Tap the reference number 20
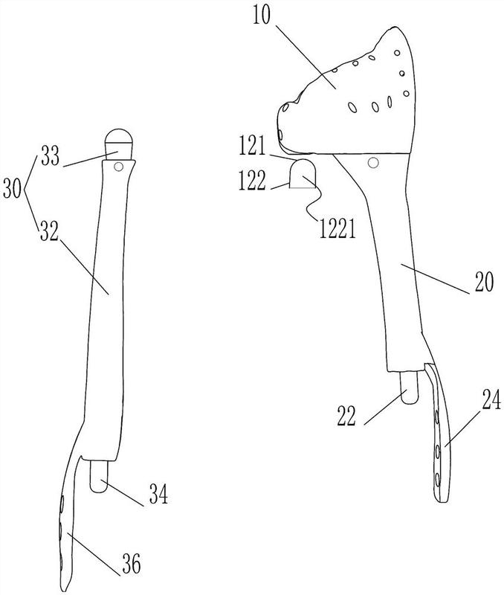[x=483, y=282]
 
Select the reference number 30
[x=12, y=189]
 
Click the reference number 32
[x=49, y=231]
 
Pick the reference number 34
[x=158, y=494]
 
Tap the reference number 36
[x=132, y=562]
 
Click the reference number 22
[x=346, y=416]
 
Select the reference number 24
[x=491, y=400]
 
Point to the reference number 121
[x=252, y=147]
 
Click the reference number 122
[x=252, y=181]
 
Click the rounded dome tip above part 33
[x=119, y=135]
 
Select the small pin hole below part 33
[x=119, y=166]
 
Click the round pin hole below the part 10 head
[x=373, y=163]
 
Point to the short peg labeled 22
[x=409, y=387]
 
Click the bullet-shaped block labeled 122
[x=303, y=173]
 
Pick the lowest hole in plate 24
[x=439, y=480]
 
